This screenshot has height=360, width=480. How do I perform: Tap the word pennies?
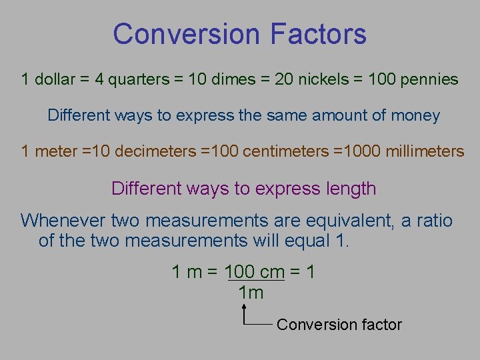[429, 80]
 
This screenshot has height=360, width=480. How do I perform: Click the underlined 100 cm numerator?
[255, 272]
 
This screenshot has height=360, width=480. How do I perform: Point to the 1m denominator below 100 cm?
[251, 293]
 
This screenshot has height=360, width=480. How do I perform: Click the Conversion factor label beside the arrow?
[339, 325]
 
